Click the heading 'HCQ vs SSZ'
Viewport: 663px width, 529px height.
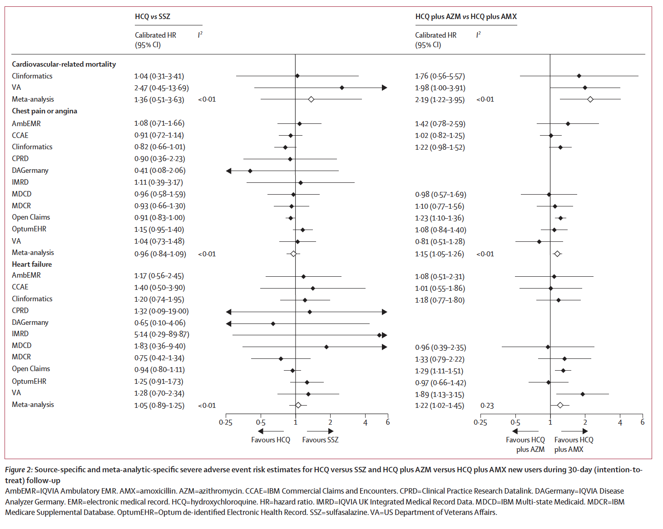[x=153, y=17]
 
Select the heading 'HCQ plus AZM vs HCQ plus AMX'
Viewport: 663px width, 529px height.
[x=466, y=17]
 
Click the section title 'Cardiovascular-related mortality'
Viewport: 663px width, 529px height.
[x=64, y=64]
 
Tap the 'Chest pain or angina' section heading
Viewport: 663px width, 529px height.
[x=45, y=111]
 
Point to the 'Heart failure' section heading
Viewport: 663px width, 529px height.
[x=32, y=264]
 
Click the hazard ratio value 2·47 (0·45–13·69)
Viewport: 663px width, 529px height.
[x=161, y=88]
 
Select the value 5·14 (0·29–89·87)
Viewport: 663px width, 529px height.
[x=162, y=334]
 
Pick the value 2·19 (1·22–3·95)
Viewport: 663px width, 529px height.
[x=440, y=100]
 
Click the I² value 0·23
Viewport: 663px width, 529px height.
[x=487, y=406]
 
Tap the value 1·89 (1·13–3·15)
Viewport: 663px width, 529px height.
[x=440, y=395]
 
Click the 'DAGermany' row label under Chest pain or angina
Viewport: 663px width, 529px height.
[x=30, y=171]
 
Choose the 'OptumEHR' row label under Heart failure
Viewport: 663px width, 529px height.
[x=29, y=382]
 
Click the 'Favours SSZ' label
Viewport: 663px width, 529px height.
[x=320, y=440]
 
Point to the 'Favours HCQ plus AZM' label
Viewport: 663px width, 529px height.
[x=525, y=445]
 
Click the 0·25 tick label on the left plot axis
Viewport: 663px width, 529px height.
[x=225, y=423]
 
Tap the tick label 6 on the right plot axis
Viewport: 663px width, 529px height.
[x=642, y=422]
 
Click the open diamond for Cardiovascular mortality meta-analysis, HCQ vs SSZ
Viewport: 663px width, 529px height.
[x=311, y=99]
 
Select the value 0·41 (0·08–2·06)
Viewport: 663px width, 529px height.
[x=160, y=171]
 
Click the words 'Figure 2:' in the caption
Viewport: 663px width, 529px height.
[x=19, y=470]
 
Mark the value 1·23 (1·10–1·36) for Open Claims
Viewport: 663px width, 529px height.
[x=440, y=218]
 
